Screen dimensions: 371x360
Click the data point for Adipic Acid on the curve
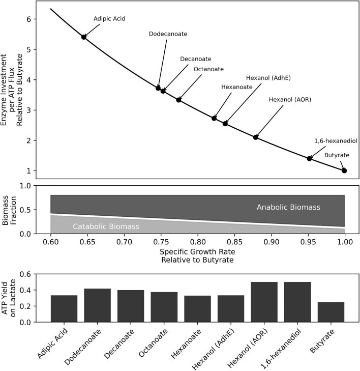(84, 37)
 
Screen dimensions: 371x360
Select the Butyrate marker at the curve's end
(344, 170)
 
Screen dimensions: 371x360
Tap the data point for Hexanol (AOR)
(256, 137)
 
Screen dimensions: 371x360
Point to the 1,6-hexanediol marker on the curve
(309, 158)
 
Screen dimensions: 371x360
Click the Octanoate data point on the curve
(178, 100)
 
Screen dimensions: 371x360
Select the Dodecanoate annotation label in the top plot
(168, 34)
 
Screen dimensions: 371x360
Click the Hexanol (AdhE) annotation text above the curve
(268, 78)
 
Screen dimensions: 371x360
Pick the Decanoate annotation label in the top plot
(196, 59)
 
